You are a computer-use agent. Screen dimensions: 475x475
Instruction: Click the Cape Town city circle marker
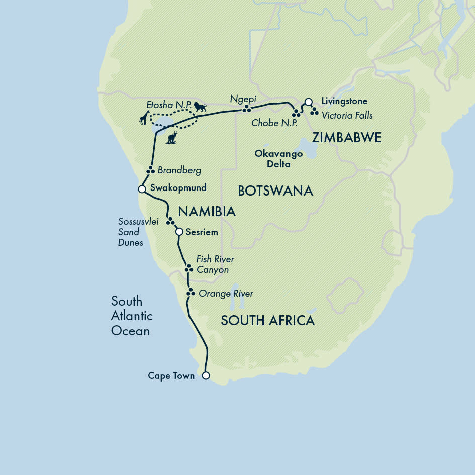205,375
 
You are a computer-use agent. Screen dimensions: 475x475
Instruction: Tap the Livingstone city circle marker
309,101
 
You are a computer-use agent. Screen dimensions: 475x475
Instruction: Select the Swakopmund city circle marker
142,189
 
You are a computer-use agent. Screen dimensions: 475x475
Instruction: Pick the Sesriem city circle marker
179,232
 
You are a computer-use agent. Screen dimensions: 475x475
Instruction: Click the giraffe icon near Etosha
144,119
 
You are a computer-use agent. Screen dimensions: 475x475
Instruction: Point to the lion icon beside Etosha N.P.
200,107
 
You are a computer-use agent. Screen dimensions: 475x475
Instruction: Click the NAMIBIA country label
207,212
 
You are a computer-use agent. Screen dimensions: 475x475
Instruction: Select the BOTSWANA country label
275,191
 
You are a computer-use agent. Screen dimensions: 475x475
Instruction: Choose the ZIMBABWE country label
347,138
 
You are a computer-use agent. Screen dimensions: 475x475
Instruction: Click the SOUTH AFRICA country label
267,320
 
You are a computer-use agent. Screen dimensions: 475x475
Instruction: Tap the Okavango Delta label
272,159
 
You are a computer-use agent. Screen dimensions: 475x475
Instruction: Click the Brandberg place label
179,170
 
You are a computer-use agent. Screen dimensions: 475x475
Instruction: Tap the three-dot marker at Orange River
190,292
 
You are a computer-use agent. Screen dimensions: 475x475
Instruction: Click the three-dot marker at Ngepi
246,109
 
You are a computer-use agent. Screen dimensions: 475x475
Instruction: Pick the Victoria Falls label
347,115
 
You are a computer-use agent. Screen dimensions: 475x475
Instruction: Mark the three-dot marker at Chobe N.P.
296,113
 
